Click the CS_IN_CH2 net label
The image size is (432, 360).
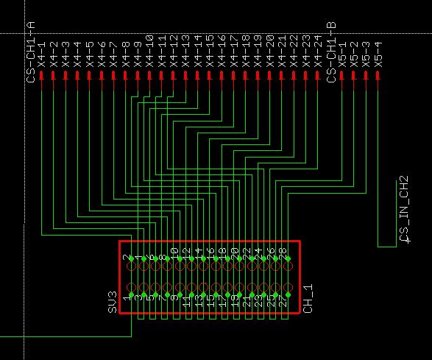(x=403, y=209)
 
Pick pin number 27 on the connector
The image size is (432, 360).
(x=283, y=300)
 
